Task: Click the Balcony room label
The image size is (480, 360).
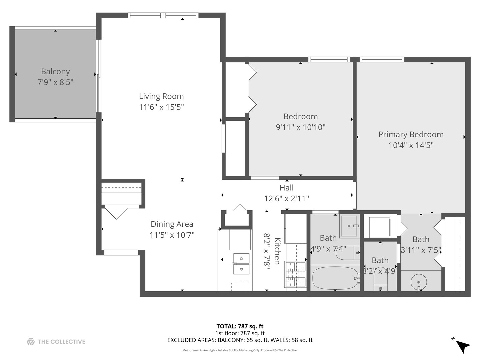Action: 55,71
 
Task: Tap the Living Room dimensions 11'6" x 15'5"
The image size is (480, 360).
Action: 161,107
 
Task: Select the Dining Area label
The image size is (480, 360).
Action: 172,224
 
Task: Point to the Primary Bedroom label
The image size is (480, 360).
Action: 411,134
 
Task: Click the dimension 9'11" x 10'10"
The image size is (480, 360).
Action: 300,127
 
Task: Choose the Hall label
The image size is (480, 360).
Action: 286,188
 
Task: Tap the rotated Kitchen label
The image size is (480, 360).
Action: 277,251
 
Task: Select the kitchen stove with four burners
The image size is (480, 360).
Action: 296,274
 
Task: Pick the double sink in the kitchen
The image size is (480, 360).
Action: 241,264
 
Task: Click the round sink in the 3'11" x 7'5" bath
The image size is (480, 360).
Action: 418,282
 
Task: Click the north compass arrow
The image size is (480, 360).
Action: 462,346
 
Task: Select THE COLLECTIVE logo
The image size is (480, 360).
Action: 56,342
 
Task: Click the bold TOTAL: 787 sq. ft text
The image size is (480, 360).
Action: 240,326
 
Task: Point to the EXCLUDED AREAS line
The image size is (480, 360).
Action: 240,340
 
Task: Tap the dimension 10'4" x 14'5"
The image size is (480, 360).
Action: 411,145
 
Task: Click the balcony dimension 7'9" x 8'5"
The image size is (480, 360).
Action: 55,82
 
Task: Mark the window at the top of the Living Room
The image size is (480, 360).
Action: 163,15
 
